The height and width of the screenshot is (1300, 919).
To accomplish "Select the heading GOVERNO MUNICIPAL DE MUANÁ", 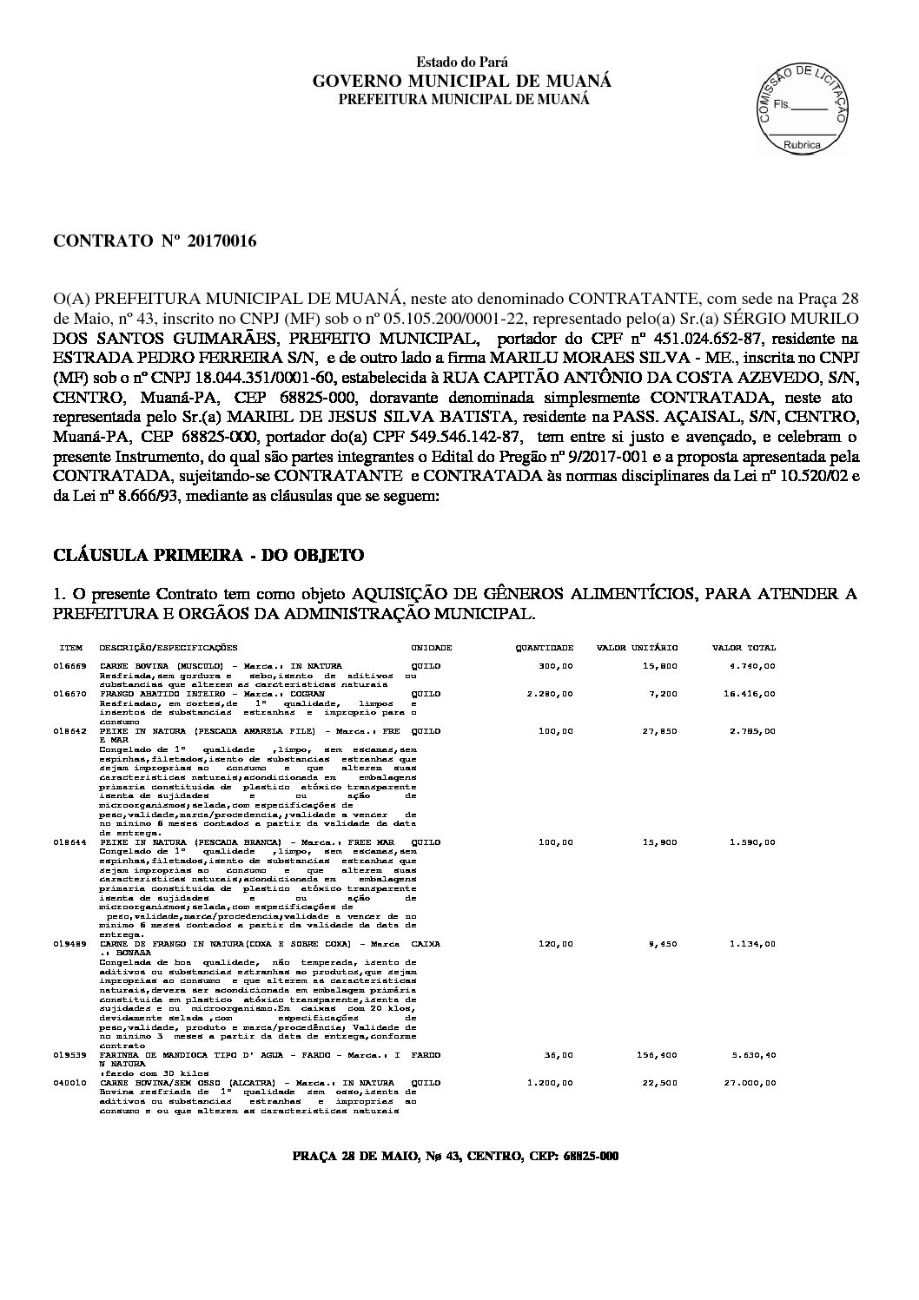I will [462, 81].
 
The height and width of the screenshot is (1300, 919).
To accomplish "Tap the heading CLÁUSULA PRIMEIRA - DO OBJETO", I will [208, 555].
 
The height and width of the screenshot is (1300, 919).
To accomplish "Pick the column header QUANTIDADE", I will [545, 648].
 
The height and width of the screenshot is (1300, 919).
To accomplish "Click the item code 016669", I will [69, 666].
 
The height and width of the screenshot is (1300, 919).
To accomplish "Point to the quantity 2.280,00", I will [550, 695].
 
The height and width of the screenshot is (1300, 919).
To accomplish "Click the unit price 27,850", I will [660, 731].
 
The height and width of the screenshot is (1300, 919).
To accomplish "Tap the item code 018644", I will [69, 842].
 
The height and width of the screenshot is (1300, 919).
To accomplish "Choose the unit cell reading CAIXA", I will [426, 943].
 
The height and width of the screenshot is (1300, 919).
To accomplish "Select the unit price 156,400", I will [658, 1055].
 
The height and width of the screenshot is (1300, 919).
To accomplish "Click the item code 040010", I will [69, 1083].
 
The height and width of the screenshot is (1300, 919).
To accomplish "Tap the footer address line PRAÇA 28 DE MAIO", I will [455, 1157].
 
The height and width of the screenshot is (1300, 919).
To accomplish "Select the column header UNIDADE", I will [431, 648].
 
